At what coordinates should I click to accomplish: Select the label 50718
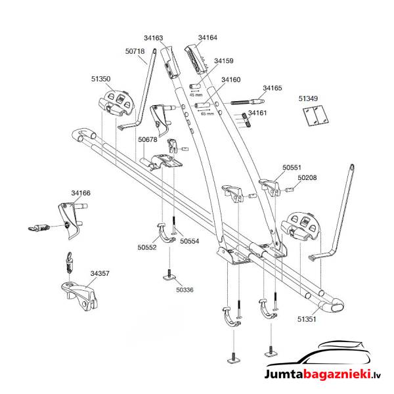(x=135, y=51)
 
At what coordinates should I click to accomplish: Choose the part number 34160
(x=230, y=79)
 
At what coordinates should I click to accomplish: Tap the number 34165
(x=273, y=87)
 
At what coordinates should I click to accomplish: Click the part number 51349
(x=308, y=99)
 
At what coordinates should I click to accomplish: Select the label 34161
(x=257, y=113)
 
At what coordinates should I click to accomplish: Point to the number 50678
(x=148, y=139)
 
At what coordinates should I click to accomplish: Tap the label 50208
(x=307, y=177)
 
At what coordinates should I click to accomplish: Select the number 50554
(x=189, y=241)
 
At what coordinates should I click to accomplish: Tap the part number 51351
(x=307, y=320)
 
